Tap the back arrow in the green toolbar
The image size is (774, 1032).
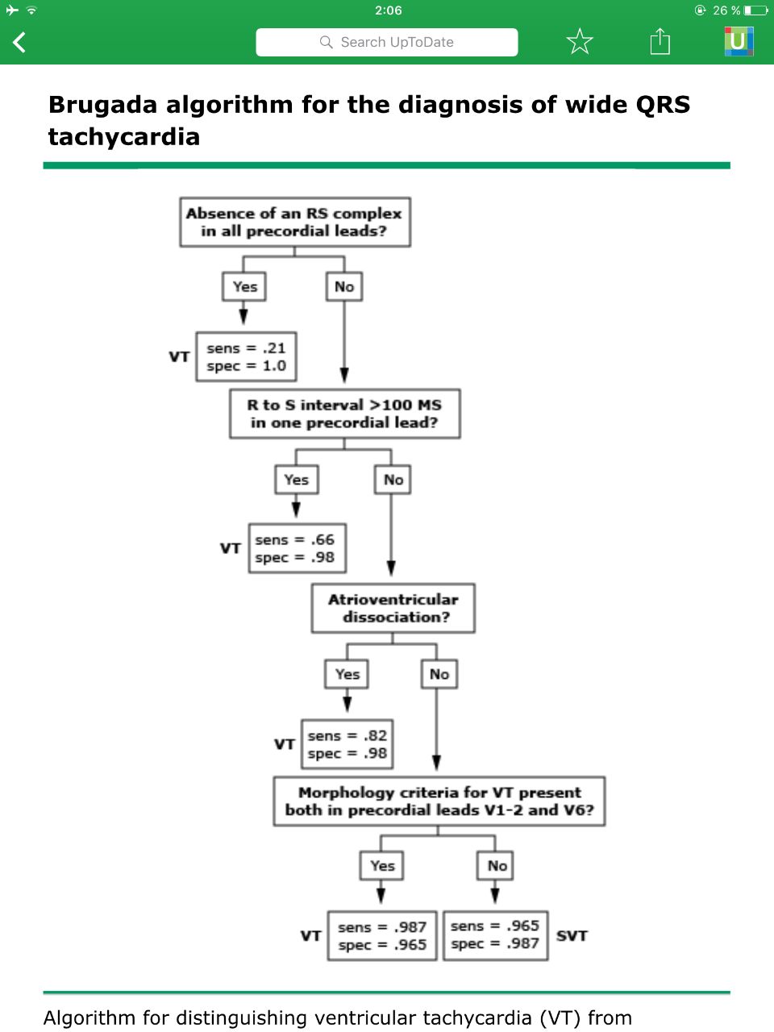click(x=19, y=42)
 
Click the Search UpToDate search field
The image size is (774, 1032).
click(x=387, y=42)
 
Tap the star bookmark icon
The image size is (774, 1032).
click(x=580, y=41)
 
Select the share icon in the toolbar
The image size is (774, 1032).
click(x=660, y=41)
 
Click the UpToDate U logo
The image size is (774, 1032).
click(x=739, y=41)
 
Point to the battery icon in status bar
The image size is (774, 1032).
click(x=756, y=10)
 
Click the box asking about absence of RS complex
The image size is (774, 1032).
click(x=295, y=222)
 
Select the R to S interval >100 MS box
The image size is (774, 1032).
click(x=344, y=414)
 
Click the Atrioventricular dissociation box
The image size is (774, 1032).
click(x=393, y=608)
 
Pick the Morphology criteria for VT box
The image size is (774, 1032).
click(x=439, y=801)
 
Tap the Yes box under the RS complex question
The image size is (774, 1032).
click(x=244, y=286)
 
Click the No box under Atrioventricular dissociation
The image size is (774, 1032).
click(x=439, y=674)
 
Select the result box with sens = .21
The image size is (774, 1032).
click(x=246, y=357)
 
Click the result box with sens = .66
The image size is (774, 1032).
click(x=298, y=548)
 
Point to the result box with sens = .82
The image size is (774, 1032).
click(x=347, y=744)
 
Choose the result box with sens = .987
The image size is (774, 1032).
click(x=382, y=935)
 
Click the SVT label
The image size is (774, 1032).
click(x=572, y=935)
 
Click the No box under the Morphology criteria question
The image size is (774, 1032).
click(x=495, y=866)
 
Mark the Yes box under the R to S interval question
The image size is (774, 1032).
click(x=297, y=480)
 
